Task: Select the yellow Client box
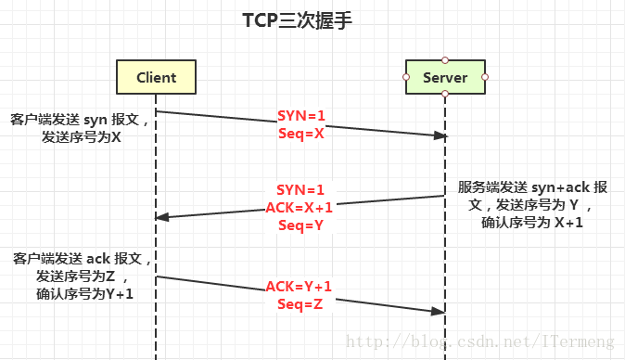155,77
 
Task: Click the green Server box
445,77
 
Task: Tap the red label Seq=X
301,133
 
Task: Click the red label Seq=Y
300,224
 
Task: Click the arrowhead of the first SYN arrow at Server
440,135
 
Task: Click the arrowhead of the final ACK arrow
440,312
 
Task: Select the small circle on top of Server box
445,59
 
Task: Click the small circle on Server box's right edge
485,77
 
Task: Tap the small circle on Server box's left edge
406,77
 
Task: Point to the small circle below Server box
445,95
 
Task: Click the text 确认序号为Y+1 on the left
82,295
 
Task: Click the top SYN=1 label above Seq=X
301,116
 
